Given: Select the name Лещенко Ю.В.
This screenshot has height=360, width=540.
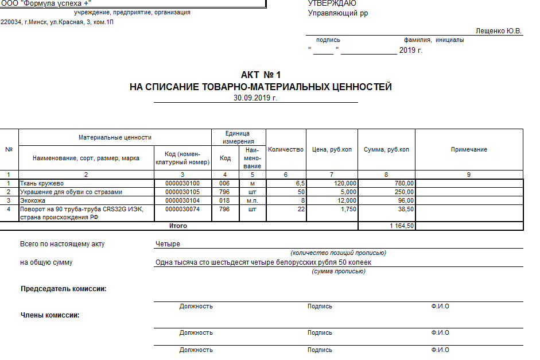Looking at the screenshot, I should pos(499,31).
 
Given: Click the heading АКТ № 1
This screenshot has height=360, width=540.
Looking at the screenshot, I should pos(261,75).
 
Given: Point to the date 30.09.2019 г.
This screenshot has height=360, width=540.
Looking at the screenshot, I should pos(255,98).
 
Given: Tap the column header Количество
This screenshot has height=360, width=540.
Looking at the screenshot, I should pos(285,150).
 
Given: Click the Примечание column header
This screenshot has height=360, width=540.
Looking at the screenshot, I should pos(469,150).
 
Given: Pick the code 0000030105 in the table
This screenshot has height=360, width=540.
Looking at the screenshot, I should pos(182,192).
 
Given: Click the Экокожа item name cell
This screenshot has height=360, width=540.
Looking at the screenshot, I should pos(33,200).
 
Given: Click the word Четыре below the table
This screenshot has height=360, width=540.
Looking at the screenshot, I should pos(168,244).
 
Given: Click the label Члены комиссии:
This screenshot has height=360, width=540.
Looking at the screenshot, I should pos(50,315).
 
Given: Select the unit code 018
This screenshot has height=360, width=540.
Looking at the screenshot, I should pos(224,200).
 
